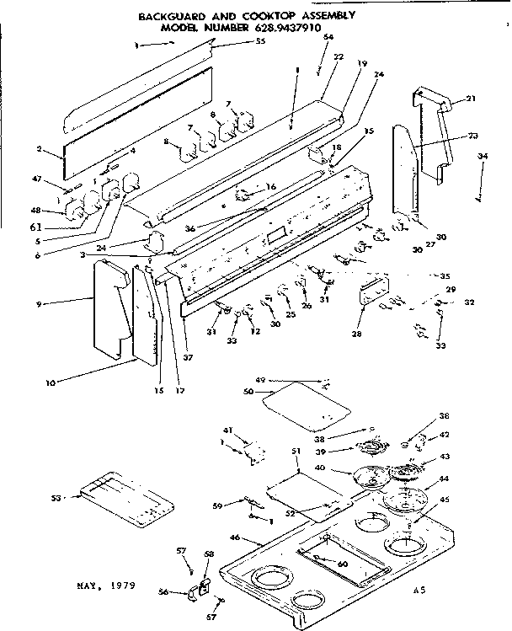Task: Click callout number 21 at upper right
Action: tap(471, 99)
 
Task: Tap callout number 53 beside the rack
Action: tap(56, 499)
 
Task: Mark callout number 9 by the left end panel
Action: tap(40, 301)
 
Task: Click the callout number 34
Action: tap(483, 157)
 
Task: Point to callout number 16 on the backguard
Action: tap(270, 187)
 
